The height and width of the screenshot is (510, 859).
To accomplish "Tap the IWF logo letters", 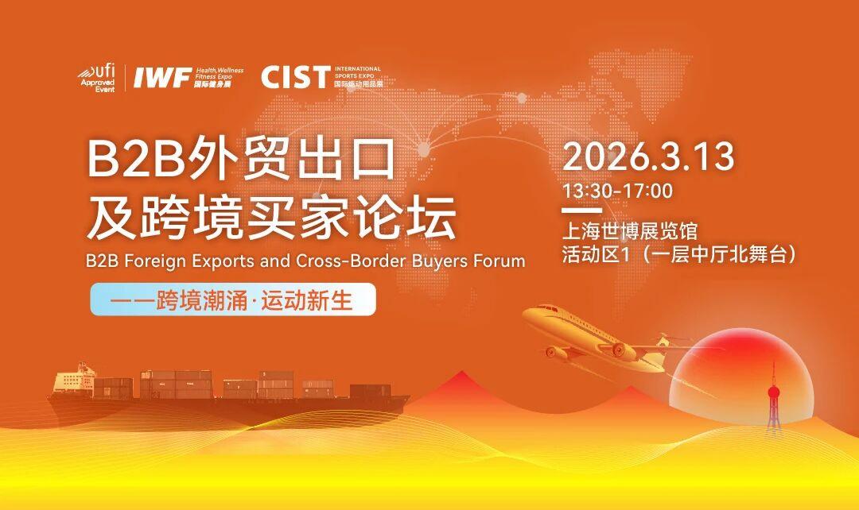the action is pyautogui.click(x=163, y=79).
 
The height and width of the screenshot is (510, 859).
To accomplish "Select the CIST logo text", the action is pyautogui.click(x=295, y=77).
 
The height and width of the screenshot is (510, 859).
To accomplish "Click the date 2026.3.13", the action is pyautogui.click(x=648, y=156).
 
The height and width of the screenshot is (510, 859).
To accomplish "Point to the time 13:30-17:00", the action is pyautogui.click(x=617, y=191).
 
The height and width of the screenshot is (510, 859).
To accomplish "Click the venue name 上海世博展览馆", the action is pyautogui.click(x=630, y=231).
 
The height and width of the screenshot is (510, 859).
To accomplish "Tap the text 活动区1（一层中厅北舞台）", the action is pyautogui.click(x=679, y=255).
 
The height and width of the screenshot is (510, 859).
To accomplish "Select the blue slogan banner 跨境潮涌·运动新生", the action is pyautogui.click(x=233, y=299).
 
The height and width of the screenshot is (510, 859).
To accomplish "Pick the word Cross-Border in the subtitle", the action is pyautogui.click(x=347, y=261).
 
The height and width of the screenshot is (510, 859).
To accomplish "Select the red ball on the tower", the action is pyautogui.click(x=774, y=393).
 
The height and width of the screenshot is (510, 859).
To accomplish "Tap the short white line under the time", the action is pyautogui.click(x=581, y=211).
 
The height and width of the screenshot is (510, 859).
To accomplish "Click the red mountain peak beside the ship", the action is pyautogui.click(x=462, y=374).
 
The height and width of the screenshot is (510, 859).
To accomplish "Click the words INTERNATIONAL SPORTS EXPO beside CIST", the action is pyautogui.click(x=357, y=72).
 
